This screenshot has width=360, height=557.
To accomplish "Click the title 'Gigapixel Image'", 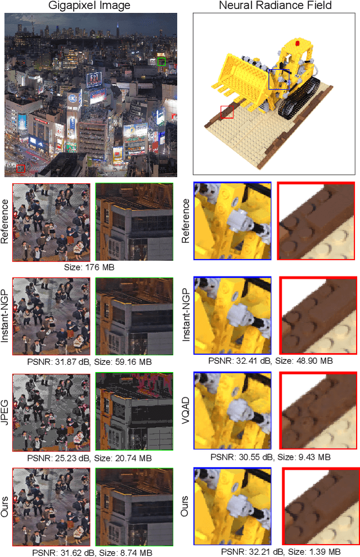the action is click(89, 5).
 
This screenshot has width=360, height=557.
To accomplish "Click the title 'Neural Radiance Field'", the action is click(275, 5).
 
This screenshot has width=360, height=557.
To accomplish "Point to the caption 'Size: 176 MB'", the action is click(89, 267).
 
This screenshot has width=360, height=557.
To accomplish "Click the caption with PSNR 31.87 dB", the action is click(89, 361).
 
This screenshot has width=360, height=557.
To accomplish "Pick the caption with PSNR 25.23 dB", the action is click(89, 458).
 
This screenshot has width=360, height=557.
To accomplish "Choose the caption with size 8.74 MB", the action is click(92, 553).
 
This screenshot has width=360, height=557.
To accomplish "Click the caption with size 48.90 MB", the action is click(271, 360).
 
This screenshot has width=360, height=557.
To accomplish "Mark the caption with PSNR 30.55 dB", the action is click(271, 457).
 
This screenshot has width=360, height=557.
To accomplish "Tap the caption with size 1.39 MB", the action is click(281, 552).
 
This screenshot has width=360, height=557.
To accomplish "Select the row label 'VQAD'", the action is click(186, 411).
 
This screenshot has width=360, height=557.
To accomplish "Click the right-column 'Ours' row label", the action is click(184, 506).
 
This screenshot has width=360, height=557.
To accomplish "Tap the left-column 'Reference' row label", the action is click(4, 221).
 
